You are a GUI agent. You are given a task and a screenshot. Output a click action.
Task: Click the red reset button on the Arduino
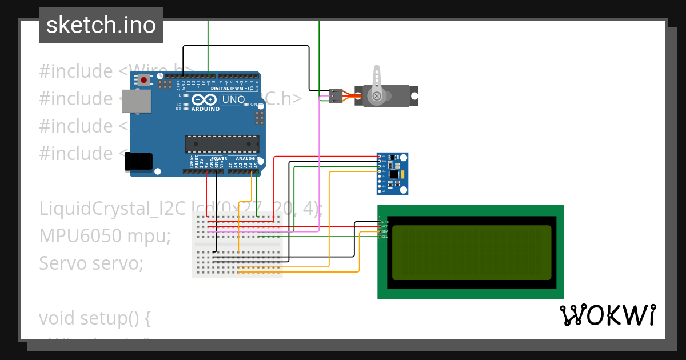[x=141, y=81]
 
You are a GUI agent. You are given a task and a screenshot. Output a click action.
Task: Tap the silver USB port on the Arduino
[x=137, y=101]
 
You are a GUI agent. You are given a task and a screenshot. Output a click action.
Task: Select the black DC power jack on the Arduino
[x=139, y=161]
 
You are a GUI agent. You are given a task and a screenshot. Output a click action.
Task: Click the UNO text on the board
[x=233, y=99]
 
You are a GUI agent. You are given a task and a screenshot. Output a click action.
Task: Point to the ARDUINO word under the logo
[x=205, y=109]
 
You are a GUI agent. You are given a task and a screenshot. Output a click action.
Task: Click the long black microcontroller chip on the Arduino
[x=221, y=143]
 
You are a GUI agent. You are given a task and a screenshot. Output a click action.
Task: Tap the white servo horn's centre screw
[x=377, y=96]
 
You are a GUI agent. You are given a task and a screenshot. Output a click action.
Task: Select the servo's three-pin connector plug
[x=336, y=95]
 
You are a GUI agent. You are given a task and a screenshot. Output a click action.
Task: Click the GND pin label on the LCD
[x=385, y=222]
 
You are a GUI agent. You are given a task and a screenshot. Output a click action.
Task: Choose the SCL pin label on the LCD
[x=385, y=237]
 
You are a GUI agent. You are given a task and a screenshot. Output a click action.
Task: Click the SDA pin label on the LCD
[x=385, y=231]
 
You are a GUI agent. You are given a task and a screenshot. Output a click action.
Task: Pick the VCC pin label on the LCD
[x=385, y=226]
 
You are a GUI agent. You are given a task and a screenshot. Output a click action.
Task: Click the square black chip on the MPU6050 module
[x=393, y=173]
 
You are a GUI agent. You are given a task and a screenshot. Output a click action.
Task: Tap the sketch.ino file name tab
[x=101, y=25]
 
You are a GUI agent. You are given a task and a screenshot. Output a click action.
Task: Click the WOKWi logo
[x=607, y=315]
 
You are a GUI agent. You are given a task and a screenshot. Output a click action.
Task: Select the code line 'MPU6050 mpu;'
[x=105, y=235]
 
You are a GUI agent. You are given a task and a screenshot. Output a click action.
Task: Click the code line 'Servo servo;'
[x=91, y=263]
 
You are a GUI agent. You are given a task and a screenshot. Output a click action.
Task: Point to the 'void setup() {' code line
[x=95, y=318]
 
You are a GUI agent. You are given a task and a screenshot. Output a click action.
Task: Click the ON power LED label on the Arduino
[x=253, y=105]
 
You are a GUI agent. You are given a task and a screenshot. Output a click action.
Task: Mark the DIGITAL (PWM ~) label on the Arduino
[x=230, y=89]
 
